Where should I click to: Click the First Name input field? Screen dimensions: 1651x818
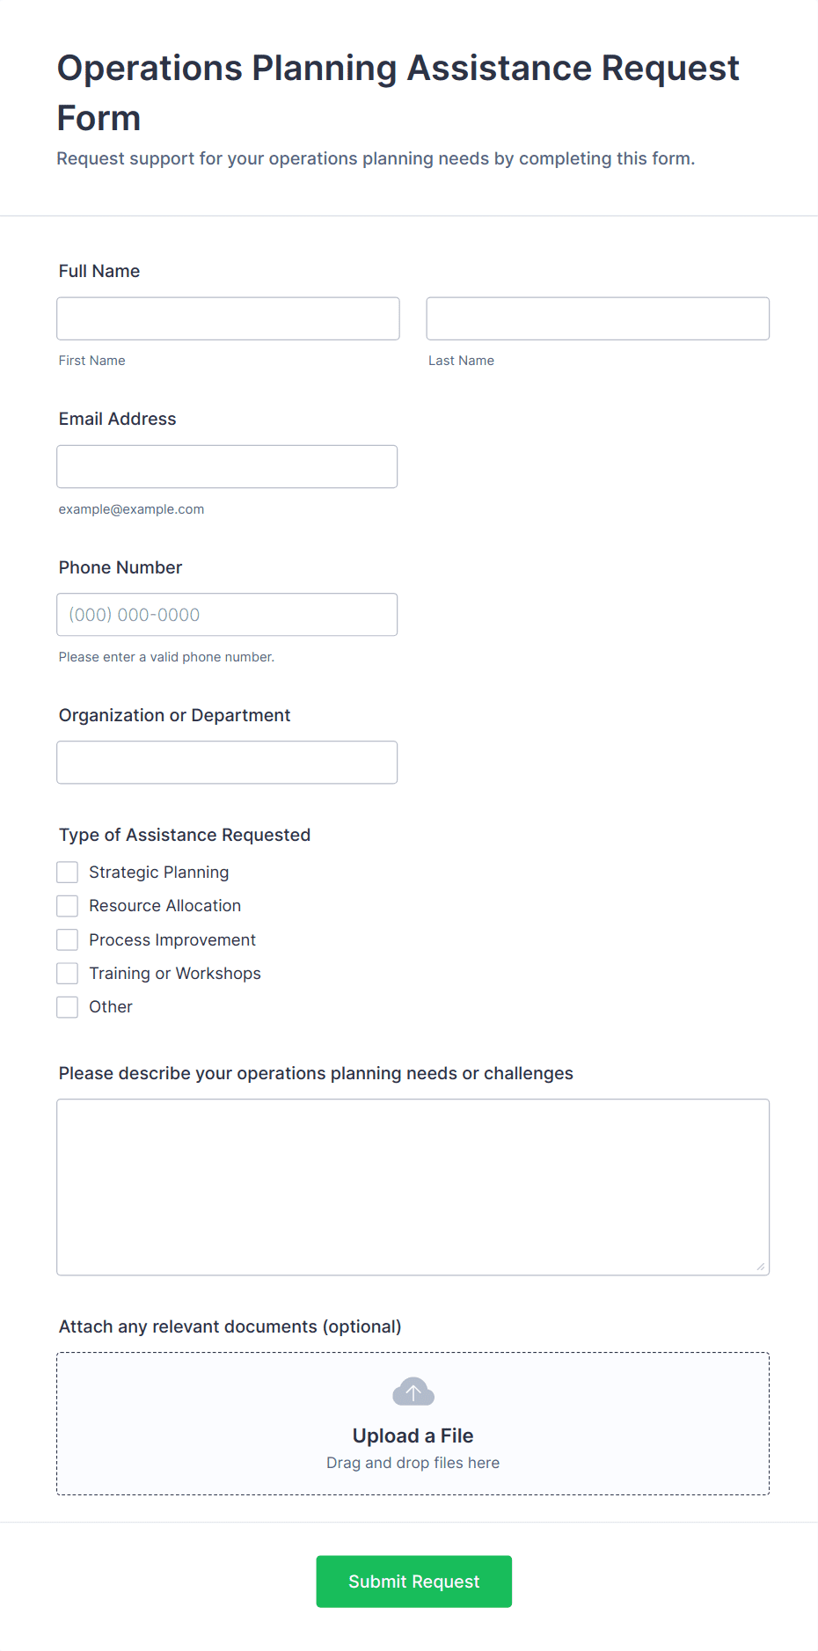(228, 318)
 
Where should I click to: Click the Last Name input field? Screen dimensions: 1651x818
(597, 318)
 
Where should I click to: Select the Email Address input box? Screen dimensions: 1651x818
(227, 466)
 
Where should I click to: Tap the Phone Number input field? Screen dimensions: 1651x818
(227, 615)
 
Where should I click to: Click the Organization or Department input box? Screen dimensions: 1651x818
(227, 763)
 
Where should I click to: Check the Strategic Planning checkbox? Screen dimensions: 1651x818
(68, 873)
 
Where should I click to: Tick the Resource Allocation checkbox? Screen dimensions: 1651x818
(68, 906)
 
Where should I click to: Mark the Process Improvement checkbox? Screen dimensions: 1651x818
(68, 940)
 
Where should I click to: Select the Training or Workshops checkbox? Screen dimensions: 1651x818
(68, 974)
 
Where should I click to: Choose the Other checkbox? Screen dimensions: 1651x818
(68, 1007)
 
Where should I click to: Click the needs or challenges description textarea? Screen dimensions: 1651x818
(413, 1187)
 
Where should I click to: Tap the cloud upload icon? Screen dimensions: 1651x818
(413, 1392)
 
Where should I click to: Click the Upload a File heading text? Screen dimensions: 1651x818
(413, 1435)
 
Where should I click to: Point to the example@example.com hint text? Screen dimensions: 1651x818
(131, 509)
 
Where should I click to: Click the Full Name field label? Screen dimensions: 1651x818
(99, 271)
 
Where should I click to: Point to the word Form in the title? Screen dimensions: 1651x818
(99, 119)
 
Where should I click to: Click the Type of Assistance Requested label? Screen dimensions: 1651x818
(185, 835)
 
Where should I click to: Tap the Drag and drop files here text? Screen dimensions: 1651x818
(413, 1463)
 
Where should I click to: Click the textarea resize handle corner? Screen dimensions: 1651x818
(761, 1267)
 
